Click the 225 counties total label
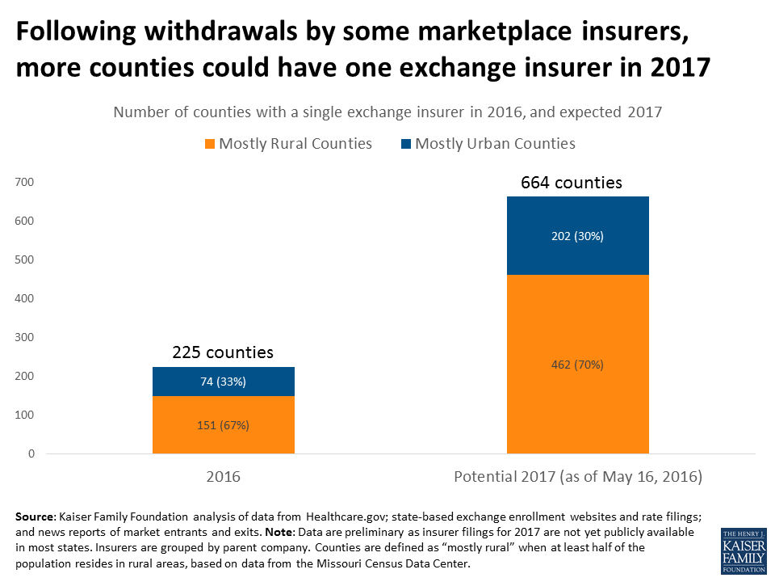point(223,352)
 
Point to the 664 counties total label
point(572,183)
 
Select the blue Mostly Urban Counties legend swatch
point(406,144)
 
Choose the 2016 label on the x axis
point(223,478)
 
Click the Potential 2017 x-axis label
point(577,478)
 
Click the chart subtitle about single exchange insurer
point(387,112)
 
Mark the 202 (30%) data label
point(577,237)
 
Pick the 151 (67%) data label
point(223,425)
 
